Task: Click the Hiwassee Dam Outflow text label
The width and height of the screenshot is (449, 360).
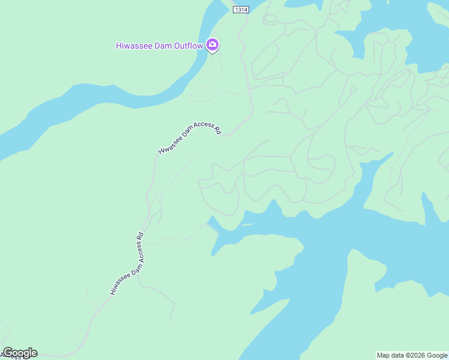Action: [159, 46]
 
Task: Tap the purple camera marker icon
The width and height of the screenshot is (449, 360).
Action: [212, 45]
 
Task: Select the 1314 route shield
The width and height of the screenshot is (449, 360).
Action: [241, 10]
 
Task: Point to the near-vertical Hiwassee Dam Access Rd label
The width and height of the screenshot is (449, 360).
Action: [127, 263]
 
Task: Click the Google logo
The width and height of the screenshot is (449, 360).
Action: [20, 353]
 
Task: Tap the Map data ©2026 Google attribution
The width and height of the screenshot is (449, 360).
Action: [412, 355]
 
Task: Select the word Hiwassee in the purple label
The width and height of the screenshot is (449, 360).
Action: [133, 46]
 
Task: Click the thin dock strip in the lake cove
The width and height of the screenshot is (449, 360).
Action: [246, 225]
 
